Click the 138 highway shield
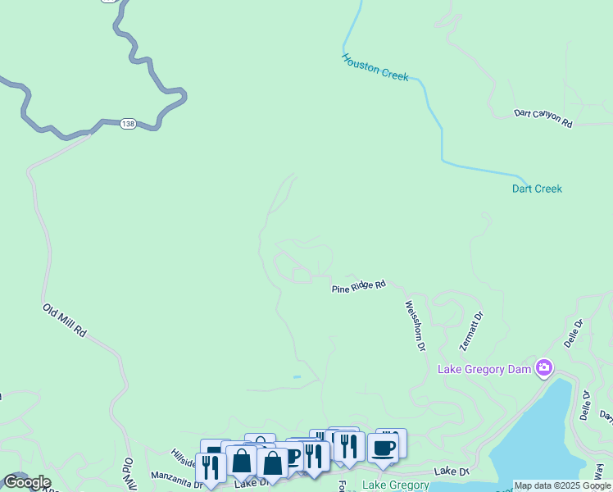point(127,123)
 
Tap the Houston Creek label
point(375,66)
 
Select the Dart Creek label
point(537,189)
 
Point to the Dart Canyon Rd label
point(543,118)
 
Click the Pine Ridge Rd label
point(358,286)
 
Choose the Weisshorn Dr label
point(415,326)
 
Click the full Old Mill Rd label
point(65,321)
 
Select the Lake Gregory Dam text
point(484,368)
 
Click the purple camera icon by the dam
point(543,367)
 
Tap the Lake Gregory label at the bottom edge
point(396,485)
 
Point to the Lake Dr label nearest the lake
point(451,471)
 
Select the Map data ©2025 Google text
point(562,485)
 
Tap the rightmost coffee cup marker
point(383,449)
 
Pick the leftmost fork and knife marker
point(211,467)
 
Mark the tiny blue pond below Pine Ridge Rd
point(297,377)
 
